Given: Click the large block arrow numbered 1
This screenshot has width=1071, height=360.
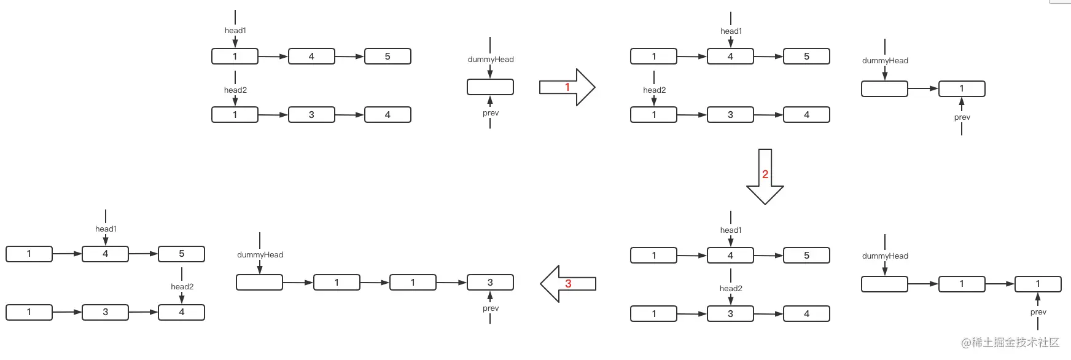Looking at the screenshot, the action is click(x=567, y=87).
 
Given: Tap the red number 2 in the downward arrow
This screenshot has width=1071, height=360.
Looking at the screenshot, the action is click(x=765, y=174).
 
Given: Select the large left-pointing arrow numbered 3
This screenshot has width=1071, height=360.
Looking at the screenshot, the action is click(x=568, y=284).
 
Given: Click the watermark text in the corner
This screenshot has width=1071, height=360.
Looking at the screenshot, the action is click(x=1011, y=343).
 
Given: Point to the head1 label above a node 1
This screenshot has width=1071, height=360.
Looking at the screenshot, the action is click(x=235, y=31).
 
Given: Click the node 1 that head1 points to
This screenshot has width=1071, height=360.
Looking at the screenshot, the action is click(x=235, y=57).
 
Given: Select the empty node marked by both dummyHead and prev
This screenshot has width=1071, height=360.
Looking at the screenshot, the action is click(x=490, y=87).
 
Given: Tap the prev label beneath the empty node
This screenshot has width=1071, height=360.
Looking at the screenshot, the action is click(x=491, y=113).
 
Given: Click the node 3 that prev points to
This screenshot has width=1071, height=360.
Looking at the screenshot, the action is click(x=490, y=283).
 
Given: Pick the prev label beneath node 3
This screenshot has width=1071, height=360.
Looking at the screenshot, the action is click(x=491, y=308).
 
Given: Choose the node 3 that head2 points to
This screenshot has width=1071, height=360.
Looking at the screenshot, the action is click(x=730, y=314).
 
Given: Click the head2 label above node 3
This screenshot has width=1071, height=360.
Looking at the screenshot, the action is click(x=731, y=289).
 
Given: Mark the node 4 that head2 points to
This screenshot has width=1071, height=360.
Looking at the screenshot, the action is click(x=181, y=312).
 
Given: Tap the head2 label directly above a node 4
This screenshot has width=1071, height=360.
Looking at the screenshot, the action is click(x=182, y=287).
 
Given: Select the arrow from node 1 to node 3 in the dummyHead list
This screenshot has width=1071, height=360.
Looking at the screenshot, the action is click(x=451, y=283).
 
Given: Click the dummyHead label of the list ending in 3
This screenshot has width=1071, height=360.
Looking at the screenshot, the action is click(x=260, y=255).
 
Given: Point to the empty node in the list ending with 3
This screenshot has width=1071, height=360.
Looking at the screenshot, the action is click(x=259, y=283).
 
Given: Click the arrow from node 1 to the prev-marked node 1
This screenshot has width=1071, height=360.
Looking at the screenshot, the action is click(x=1000, y=284).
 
